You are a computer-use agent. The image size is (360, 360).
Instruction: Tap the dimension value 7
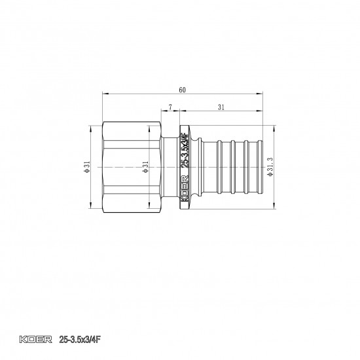coord(171,106)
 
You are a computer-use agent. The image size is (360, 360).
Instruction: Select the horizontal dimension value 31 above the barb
coord(223,106)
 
